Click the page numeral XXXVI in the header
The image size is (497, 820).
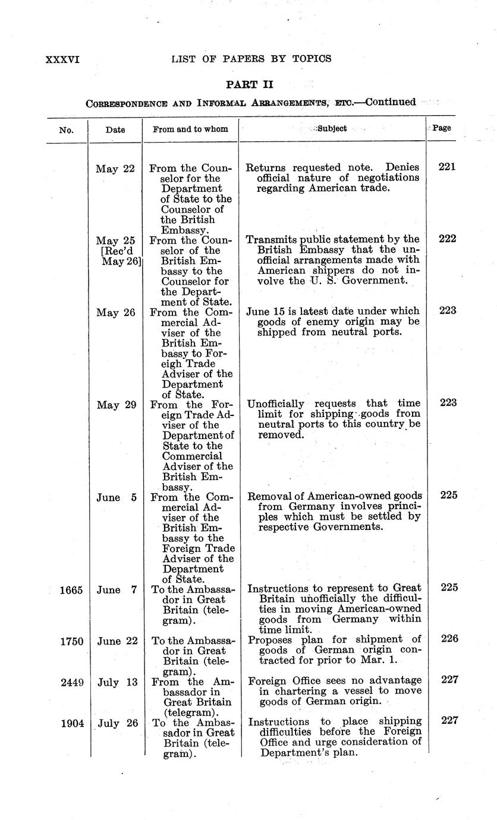[x=62, y=59]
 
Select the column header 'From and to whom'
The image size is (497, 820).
[x=190, y=129]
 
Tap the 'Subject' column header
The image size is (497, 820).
[x=332, y=128]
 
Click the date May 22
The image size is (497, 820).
[x=115, y=169]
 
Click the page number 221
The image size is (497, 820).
[x=446, y=167]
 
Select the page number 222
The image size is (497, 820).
[x=446, y=239]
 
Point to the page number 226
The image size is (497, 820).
[x=446, y=639]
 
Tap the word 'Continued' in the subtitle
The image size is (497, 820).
[x=391, y=102]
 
